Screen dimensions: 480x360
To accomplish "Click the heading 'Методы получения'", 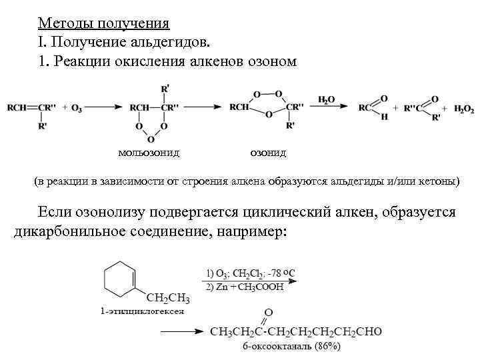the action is pyautogui.click(x=103, y=24).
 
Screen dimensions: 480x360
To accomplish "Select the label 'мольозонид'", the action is pyautogui.click(x=148, y=153).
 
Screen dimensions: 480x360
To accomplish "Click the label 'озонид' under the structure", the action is pyautogui.click(x=268, y=153).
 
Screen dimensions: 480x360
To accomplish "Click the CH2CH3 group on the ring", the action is pyautogui.click(x=168, y=297).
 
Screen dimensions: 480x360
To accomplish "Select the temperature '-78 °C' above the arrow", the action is pyautogui.click(x=280, y=273).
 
